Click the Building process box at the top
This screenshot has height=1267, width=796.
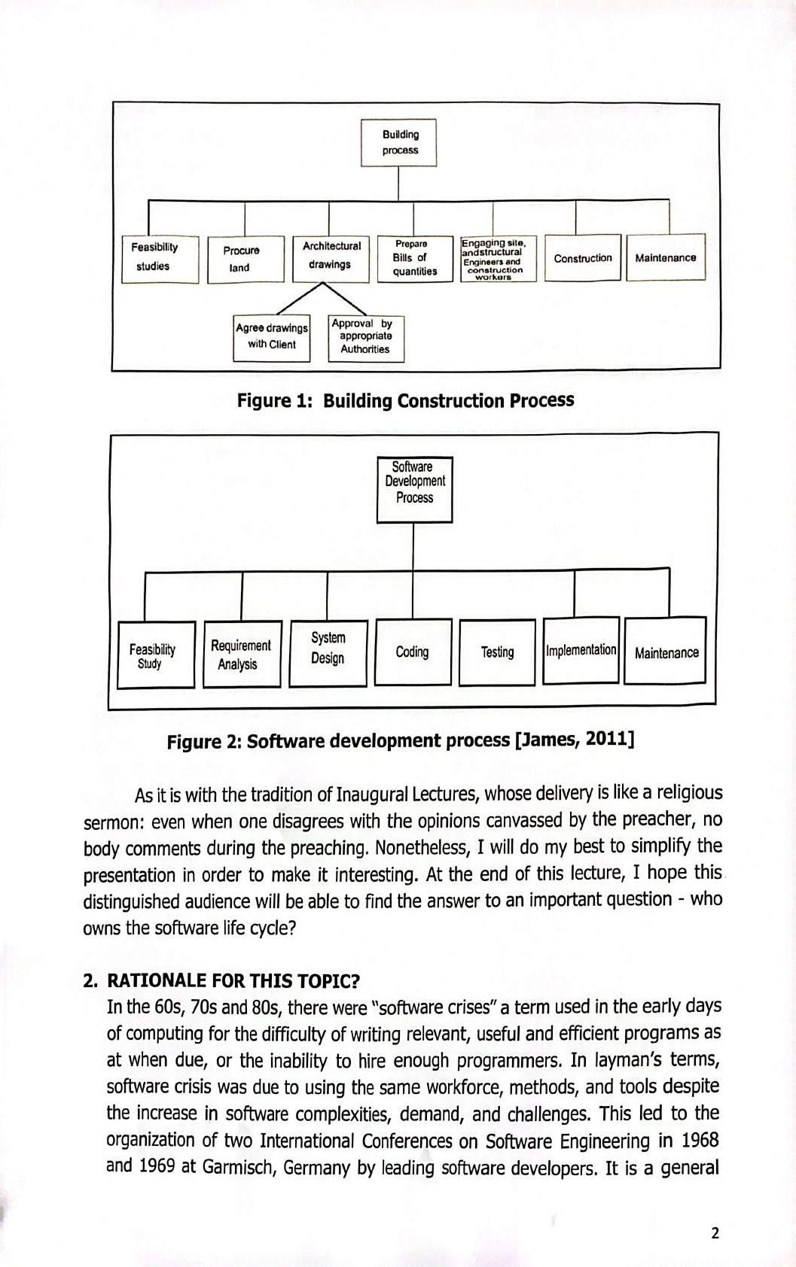coord(399,142)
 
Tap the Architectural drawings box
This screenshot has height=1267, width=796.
coord(331,257)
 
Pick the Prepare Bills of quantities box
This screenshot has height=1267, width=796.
coord(413,258)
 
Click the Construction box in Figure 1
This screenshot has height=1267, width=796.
coord(583,258)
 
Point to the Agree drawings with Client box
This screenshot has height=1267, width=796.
coord(272,337)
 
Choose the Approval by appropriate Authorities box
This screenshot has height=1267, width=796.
coord(365,337)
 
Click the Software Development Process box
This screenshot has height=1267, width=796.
coord(414,488)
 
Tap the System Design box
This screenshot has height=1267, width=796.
coord(328,652)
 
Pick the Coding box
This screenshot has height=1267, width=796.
coord(413,652)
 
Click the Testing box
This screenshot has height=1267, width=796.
coord(498,652)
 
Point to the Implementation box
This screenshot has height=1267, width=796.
coord(581,650)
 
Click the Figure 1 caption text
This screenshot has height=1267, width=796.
coord(405,400)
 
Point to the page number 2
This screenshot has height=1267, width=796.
coord(715,1233)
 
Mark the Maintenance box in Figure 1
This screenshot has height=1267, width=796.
coord(665,258)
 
